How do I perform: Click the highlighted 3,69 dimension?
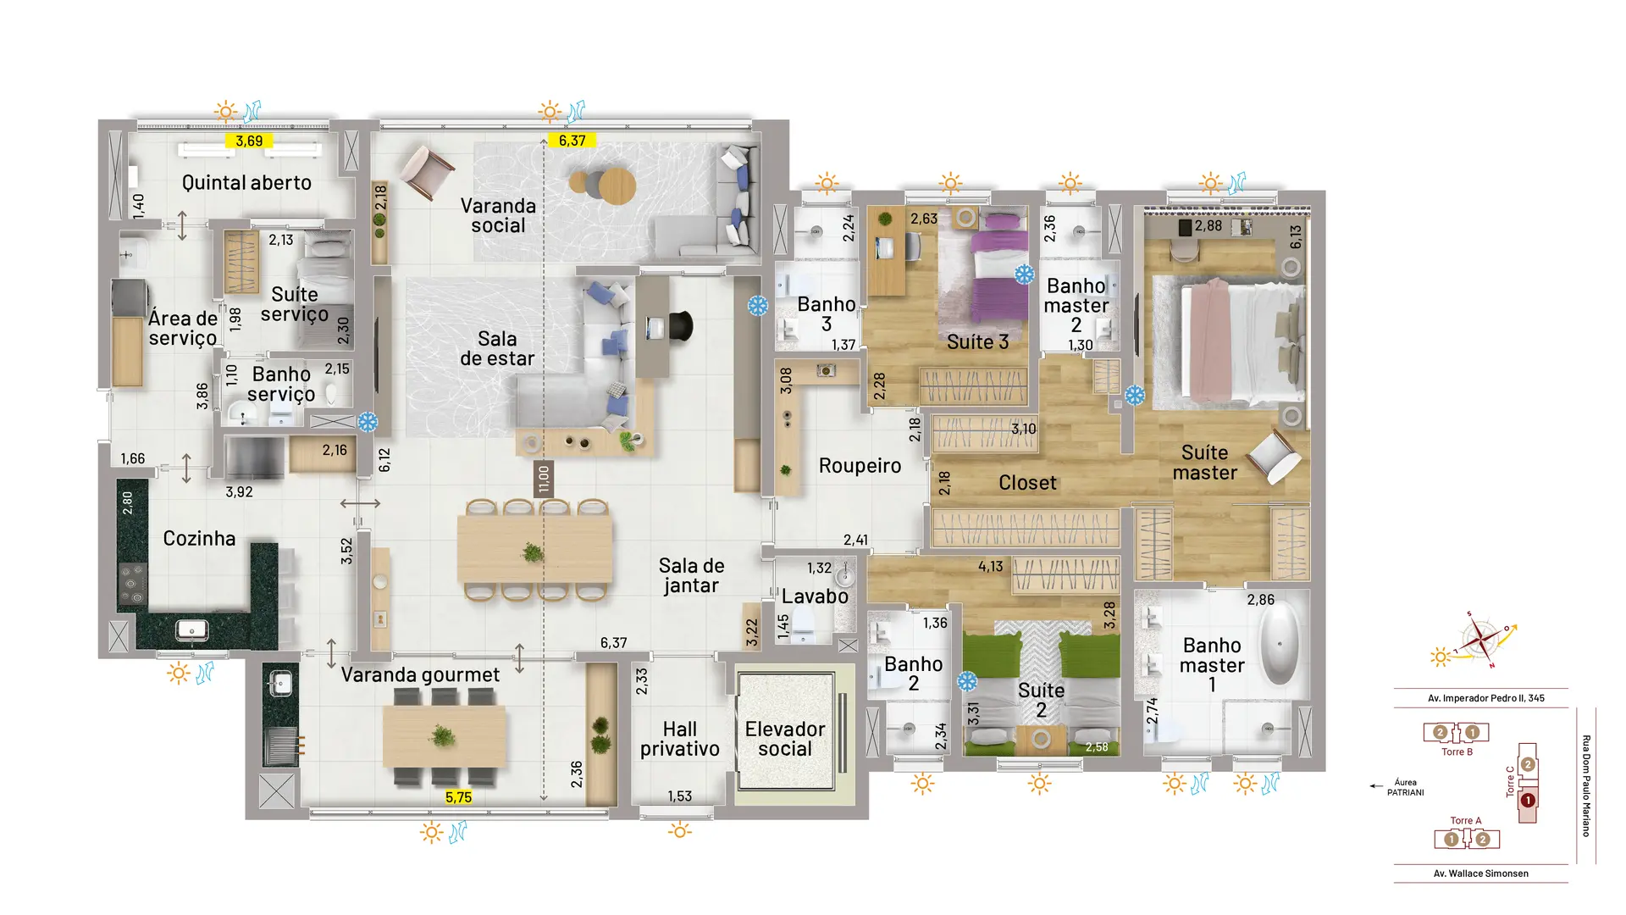click(x=249, y=141)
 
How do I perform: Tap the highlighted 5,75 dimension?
click(x=458, y=797)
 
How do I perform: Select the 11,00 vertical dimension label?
click(x=544, y=479)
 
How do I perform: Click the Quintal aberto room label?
click(x=246, y=182)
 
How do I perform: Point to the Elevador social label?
click(x=785, y=739)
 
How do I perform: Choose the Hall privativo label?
click(x=680, y=739)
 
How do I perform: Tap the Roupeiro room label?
click(x=860, y=465)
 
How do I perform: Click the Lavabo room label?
click(x=815, y=596)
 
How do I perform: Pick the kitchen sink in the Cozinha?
click(x=192, y=629)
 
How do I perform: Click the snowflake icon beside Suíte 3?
click(x=1025, y=274)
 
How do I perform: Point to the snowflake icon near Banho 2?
click(x=966, y=680)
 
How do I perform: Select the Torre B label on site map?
click(x=1457, y=751)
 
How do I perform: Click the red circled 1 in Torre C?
click(x=1528, y=800)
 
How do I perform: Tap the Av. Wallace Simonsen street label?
click(x=1481, y=873)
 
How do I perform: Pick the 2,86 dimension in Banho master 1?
click(x=1260, y=600)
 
